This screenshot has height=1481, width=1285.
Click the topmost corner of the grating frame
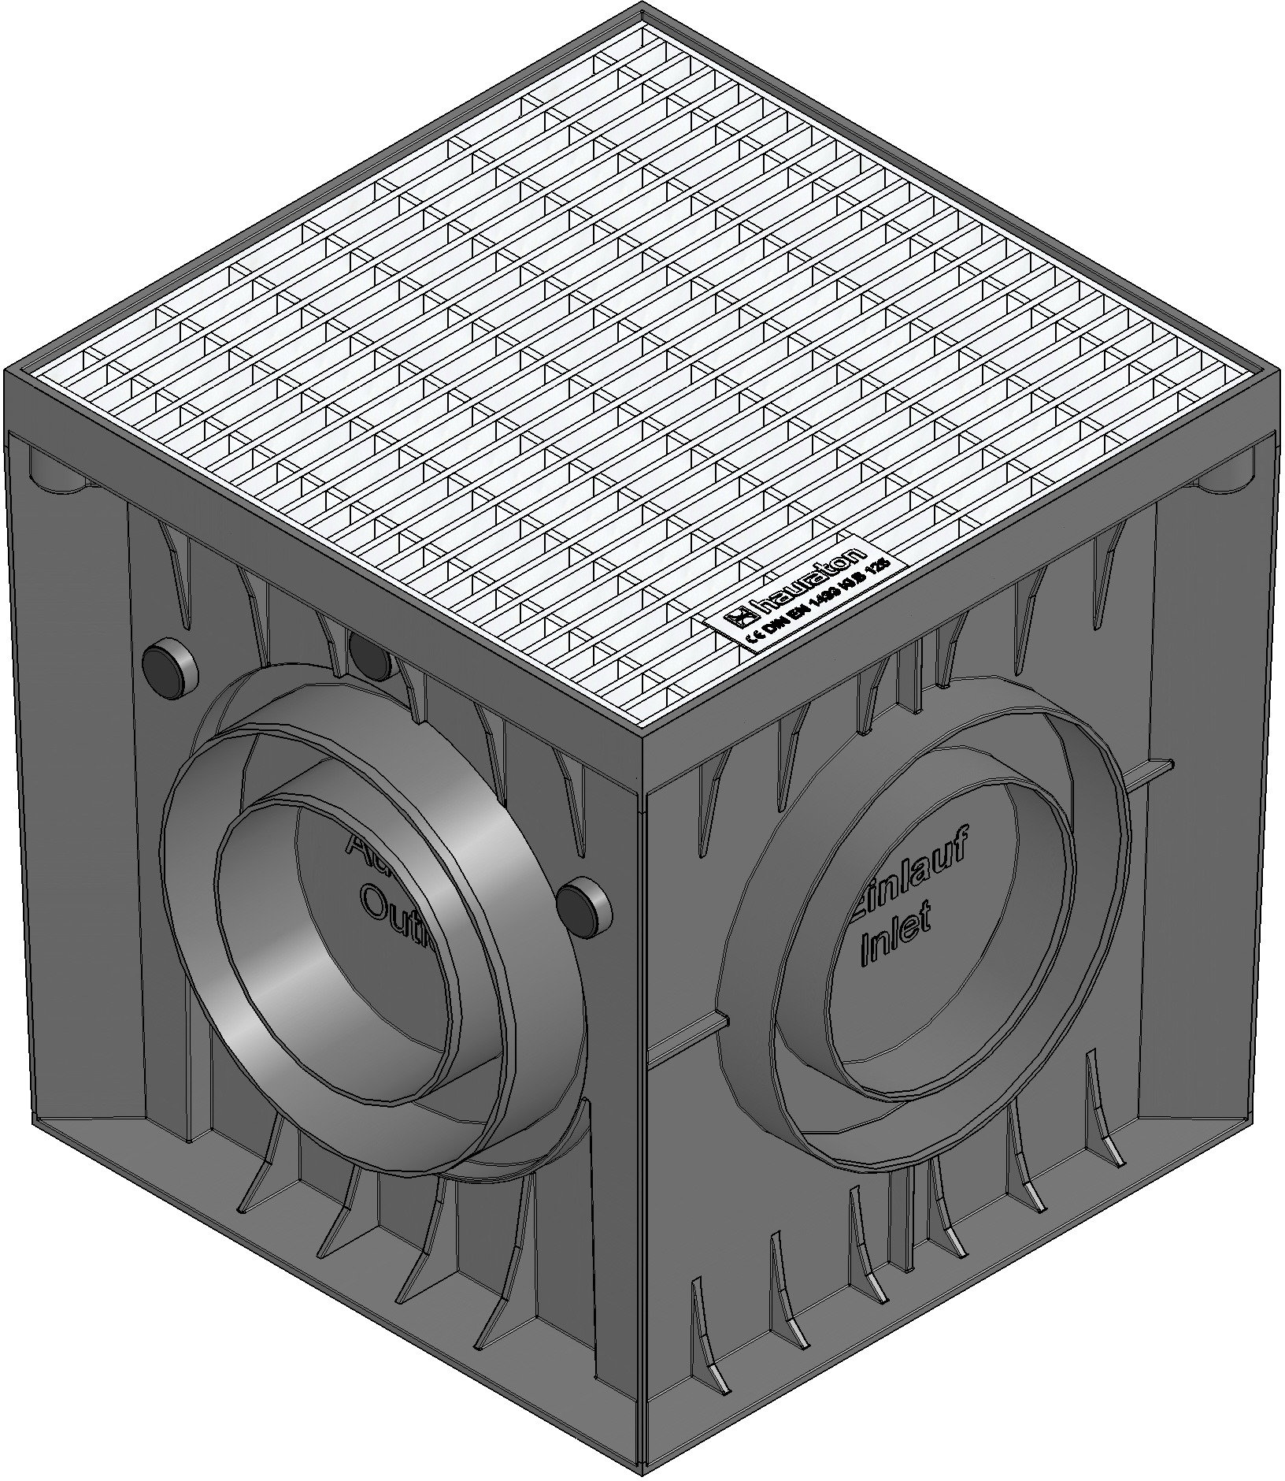643,9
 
